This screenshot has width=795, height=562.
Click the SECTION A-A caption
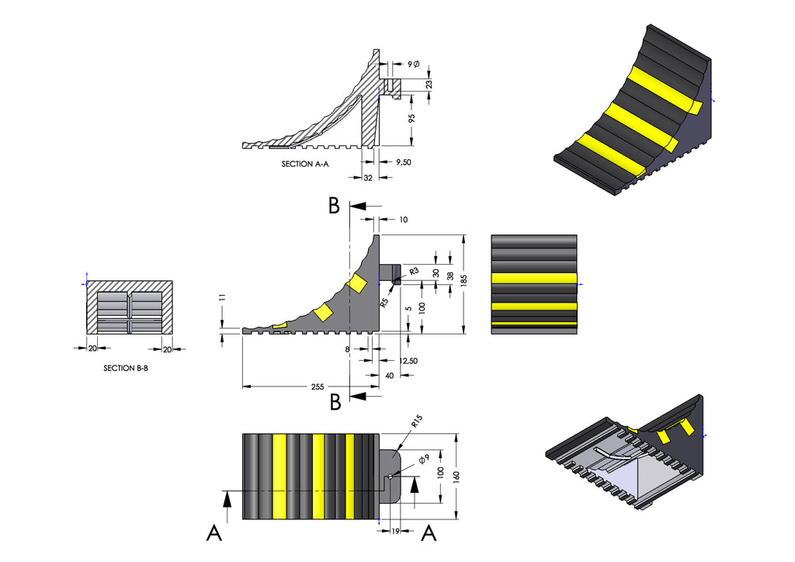coord(304,164)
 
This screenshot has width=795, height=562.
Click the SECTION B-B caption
coord(126,368)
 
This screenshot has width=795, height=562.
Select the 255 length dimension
coord(318,387)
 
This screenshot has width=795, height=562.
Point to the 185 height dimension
coord(463,279)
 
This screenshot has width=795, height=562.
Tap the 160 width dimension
coord(457,477)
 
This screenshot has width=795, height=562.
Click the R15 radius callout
coord(417,421)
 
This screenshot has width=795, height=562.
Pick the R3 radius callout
coord(414,271)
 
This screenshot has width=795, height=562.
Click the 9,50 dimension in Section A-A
coord(404,162)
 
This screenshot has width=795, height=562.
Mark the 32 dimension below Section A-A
coord(368,178)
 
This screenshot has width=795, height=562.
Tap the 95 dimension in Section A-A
coord(411,118)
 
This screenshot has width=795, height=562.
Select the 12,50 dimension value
coord(408,361)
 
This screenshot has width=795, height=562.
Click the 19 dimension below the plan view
coord(395,531)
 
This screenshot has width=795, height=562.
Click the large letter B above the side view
coord(334,206)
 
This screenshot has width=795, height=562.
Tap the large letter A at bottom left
coord(214,533)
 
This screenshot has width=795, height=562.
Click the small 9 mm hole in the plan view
coord(390,476)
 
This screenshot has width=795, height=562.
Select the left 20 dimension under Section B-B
coord(92,349)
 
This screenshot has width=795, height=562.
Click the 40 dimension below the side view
coord(390,376)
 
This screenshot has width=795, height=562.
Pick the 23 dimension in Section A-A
coord(429,84)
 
